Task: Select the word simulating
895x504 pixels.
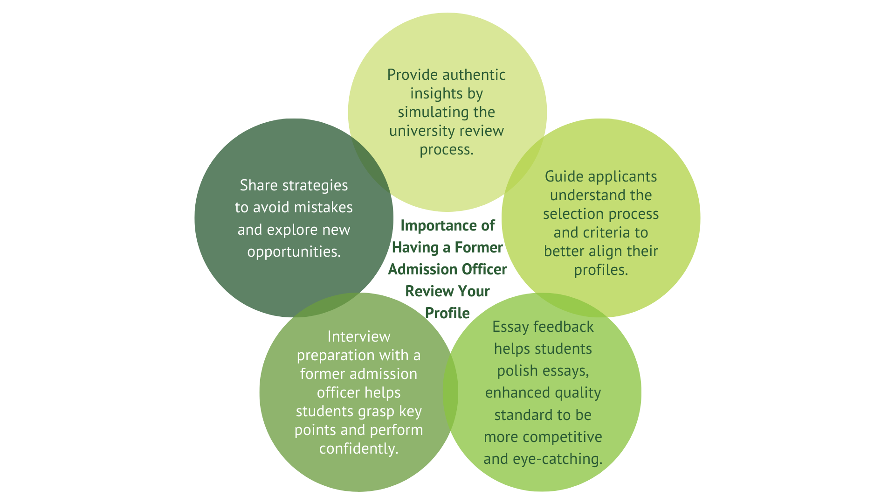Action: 427,112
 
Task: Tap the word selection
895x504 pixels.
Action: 576,214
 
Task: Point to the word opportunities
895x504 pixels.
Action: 294,252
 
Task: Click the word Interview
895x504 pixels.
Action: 359,337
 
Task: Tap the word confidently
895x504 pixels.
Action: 358,449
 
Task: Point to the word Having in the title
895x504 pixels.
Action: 415,248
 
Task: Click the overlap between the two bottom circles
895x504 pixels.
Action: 450,392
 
